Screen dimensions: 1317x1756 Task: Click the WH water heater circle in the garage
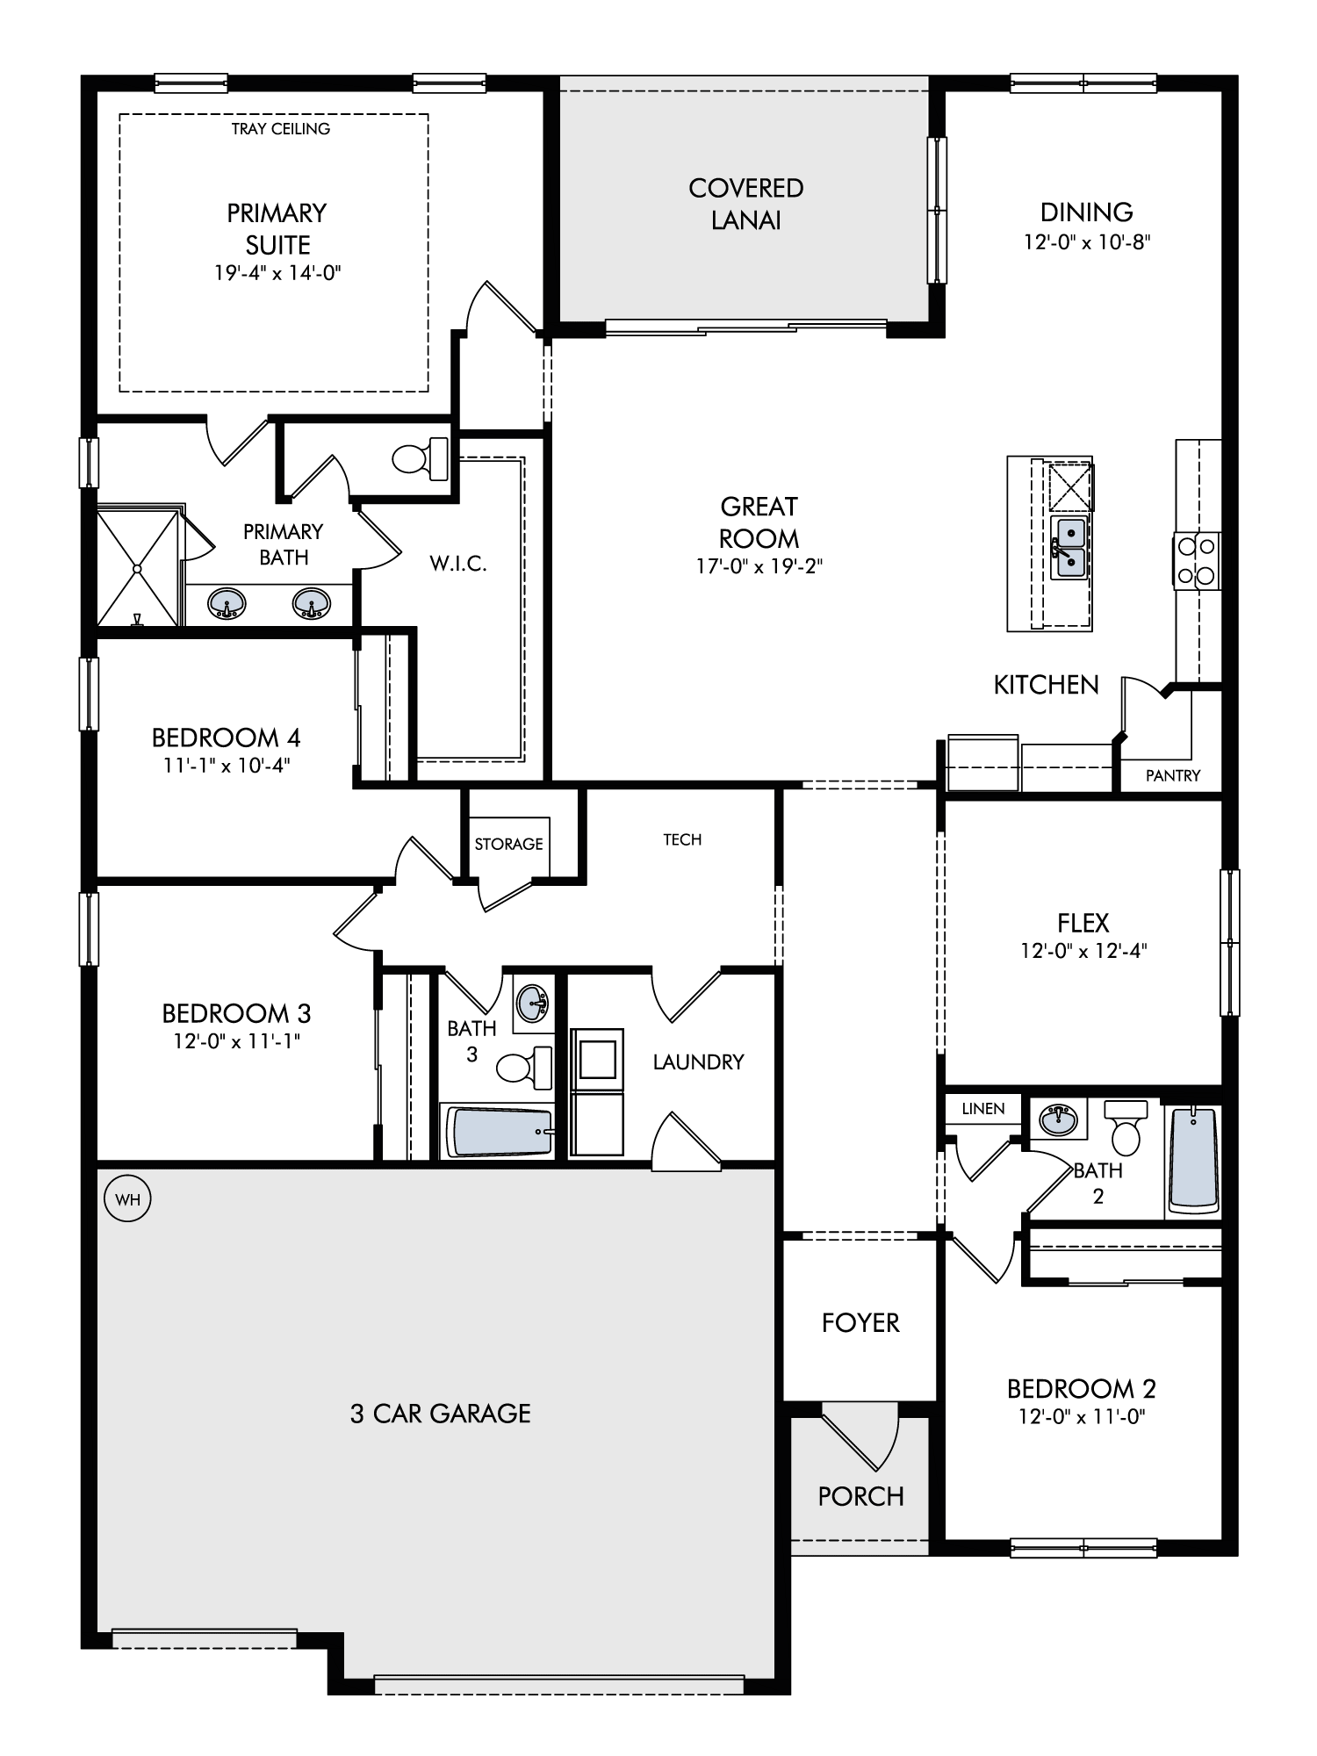[127, 1199]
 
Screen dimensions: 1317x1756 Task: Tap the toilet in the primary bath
[421, 458]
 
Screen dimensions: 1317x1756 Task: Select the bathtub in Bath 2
[1193, 1160]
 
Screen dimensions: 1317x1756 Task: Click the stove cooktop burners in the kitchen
[1197, 561]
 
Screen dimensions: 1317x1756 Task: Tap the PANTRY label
[1173, 775]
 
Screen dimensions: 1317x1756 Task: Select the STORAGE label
[508, 844]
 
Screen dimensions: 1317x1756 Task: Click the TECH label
[682, 839]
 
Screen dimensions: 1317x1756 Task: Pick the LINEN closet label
[982, 1108]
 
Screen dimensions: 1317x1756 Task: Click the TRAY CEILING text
[281, 129]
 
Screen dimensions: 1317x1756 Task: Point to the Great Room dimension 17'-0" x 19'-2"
[759, 566]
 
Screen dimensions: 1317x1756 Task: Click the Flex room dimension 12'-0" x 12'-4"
[1083, 950]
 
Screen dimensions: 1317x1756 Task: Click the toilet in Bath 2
[1125, 1128]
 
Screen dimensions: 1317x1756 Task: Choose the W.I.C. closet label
[458, 564]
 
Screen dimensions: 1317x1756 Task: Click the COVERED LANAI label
[746, 204]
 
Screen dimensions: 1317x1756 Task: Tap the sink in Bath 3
[532, 1002]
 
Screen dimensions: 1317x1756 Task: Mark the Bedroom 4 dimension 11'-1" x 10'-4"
[227, 765]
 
